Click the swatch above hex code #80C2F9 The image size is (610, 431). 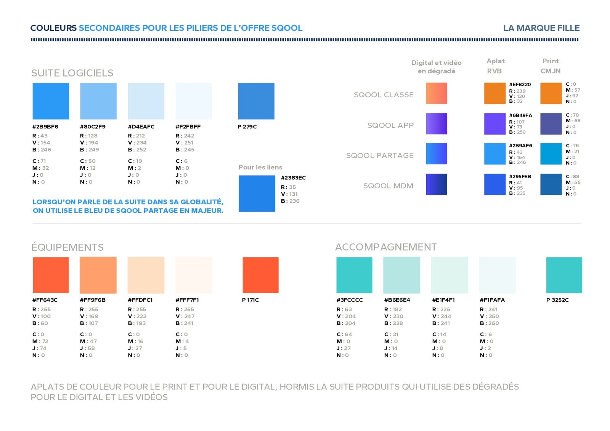point(98,101)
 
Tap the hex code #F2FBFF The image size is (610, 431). point(188,127)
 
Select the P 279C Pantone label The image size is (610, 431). point(247,127)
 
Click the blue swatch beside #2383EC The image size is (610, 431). point(257,193)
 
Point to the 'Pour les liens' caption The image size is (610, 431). point(260,167)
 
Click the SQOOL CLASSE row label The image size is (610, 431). point(384,95)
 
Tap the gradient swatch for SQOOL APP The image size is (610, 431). point(436,124)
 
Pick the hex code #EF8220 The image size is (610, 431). point(520,85)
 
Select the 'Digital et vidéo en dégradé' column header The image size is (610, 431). point(436,67)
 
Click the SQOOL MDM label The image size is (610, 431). point(388,186)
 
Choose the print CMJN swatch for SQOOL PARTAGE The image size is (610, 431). point(551,154)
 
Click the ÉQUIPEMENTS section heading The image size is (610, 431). point(67,247)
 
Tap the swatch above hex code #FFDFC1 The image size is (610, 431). point(146,275)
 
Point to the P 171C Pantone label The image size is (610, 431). point(250,300)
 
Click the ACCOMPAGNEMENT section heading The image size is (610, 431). point(386,247)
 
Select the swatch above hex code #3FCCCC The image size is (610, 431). point(354,275)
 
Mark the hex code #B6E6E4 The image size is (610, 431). point(397,300)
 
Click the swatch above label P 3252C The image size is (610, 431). point(564,275)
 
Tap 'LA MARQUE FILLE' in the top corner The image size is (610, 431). point(541,28)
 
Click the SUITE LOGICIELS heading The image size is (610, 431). point(72,73)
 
